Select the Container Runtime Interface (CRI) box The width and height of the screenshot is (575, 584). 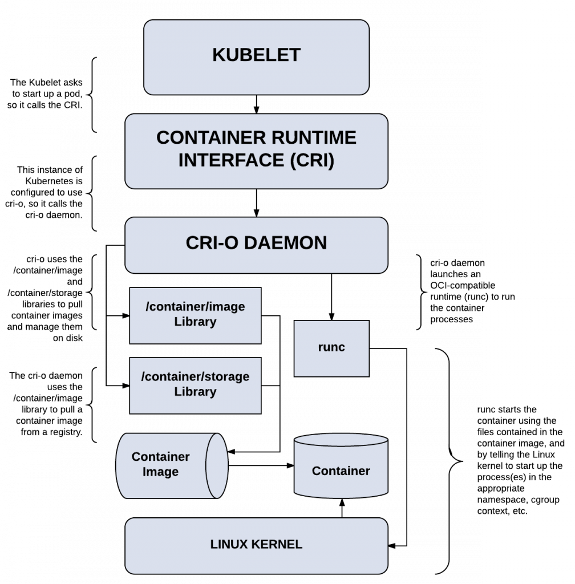pyautogui.click(x=256, y=149)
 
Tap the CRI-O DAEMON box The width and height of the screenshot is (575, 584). pyautogui.click(x=256, y=244)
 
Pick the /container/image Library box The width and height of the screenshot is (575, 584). pyautogui.click(x=195, y=315)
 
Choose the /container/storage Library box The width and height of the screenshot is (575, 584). pyautogui.click(x=195, y=385)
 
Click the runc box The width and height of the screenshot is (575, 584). pyautogui.click(x=331, y=347)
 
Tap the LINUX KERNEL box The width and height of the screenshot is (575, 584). pyautogui.click(x=256, y=545)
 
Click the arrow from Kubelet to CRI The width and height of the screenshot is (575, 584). pyautogui.click(x=256, y=104)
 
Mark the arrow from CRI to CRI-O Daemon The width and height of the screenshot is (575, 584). pyautogui.click(x=256, y=202)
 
